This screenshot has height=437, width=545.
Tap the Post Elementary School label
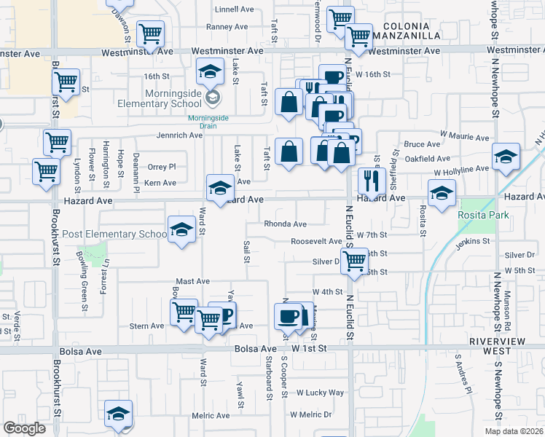click(x=115, y=234)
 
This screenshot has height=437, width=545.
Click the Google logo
click(x=24, y=428)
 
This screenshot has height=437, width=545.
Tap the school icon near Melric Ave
click(x=117, y=413)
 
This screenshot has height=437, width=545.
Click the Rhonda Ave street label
click(x=285, y=224)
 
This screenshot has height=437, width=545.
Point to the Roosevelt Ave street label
click(x=315, y=241)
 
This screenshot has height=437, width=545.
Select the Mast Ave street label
click(x=192, y=281)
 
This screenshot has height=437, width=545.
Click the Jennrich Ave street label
click(x=179, y=135)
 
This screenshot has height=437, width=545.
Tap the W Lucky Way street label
click(x=320, y=393)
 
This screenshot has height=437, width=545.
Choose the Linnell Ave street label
click(x=232, y=9)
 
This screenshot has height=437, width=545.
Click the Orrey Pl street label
click(x=162, y=167)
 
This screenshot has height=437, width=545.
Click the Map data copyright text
click(x=513, y=431)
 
